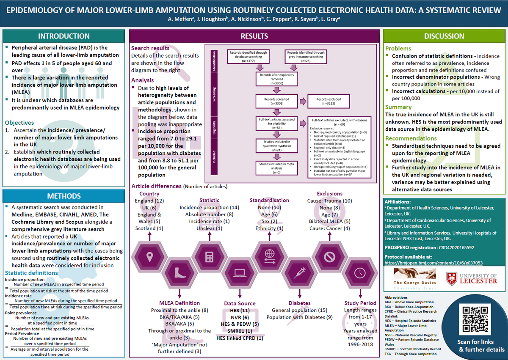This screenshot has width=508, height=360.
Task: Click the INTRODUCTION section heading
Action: point(63,36)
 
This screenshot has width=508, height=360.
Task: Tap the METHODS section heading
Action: point(63,196)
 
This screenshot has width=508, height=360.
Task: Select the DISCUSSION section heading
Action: point(444,36)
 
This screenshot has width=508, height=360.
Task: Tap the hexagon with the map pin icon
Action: point(149,256)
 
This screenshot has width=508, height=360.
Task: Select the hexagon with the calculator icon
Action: point(209,256)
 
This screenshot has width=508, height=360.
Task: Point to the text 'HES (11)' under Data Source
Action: point(240,311)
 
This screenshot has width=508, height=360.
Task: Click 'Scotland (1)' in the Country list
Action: point(149,228)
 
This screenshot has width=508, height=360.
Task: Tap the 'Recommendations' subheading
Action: point(411,138)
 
